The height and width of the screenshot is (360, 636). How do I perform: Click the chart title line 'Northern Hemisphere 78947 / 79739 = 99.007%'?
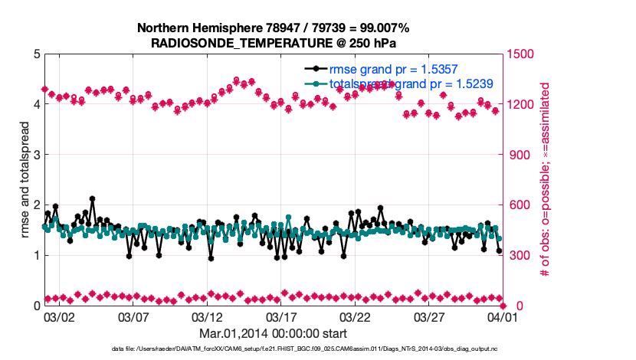(x=273, y=28)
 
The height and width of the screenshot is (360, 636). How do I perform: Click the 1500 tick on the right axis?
(x=517, y=54)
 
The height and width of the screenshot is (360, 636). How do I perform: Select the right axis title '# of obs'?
(x=546, y=180)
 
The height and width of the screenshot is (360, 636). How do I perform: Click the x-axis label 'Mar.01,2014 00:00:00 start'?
(x=273, y=333)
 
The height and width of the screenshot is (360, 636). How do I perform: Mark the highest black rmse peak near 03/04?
(x=92, y=199)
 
